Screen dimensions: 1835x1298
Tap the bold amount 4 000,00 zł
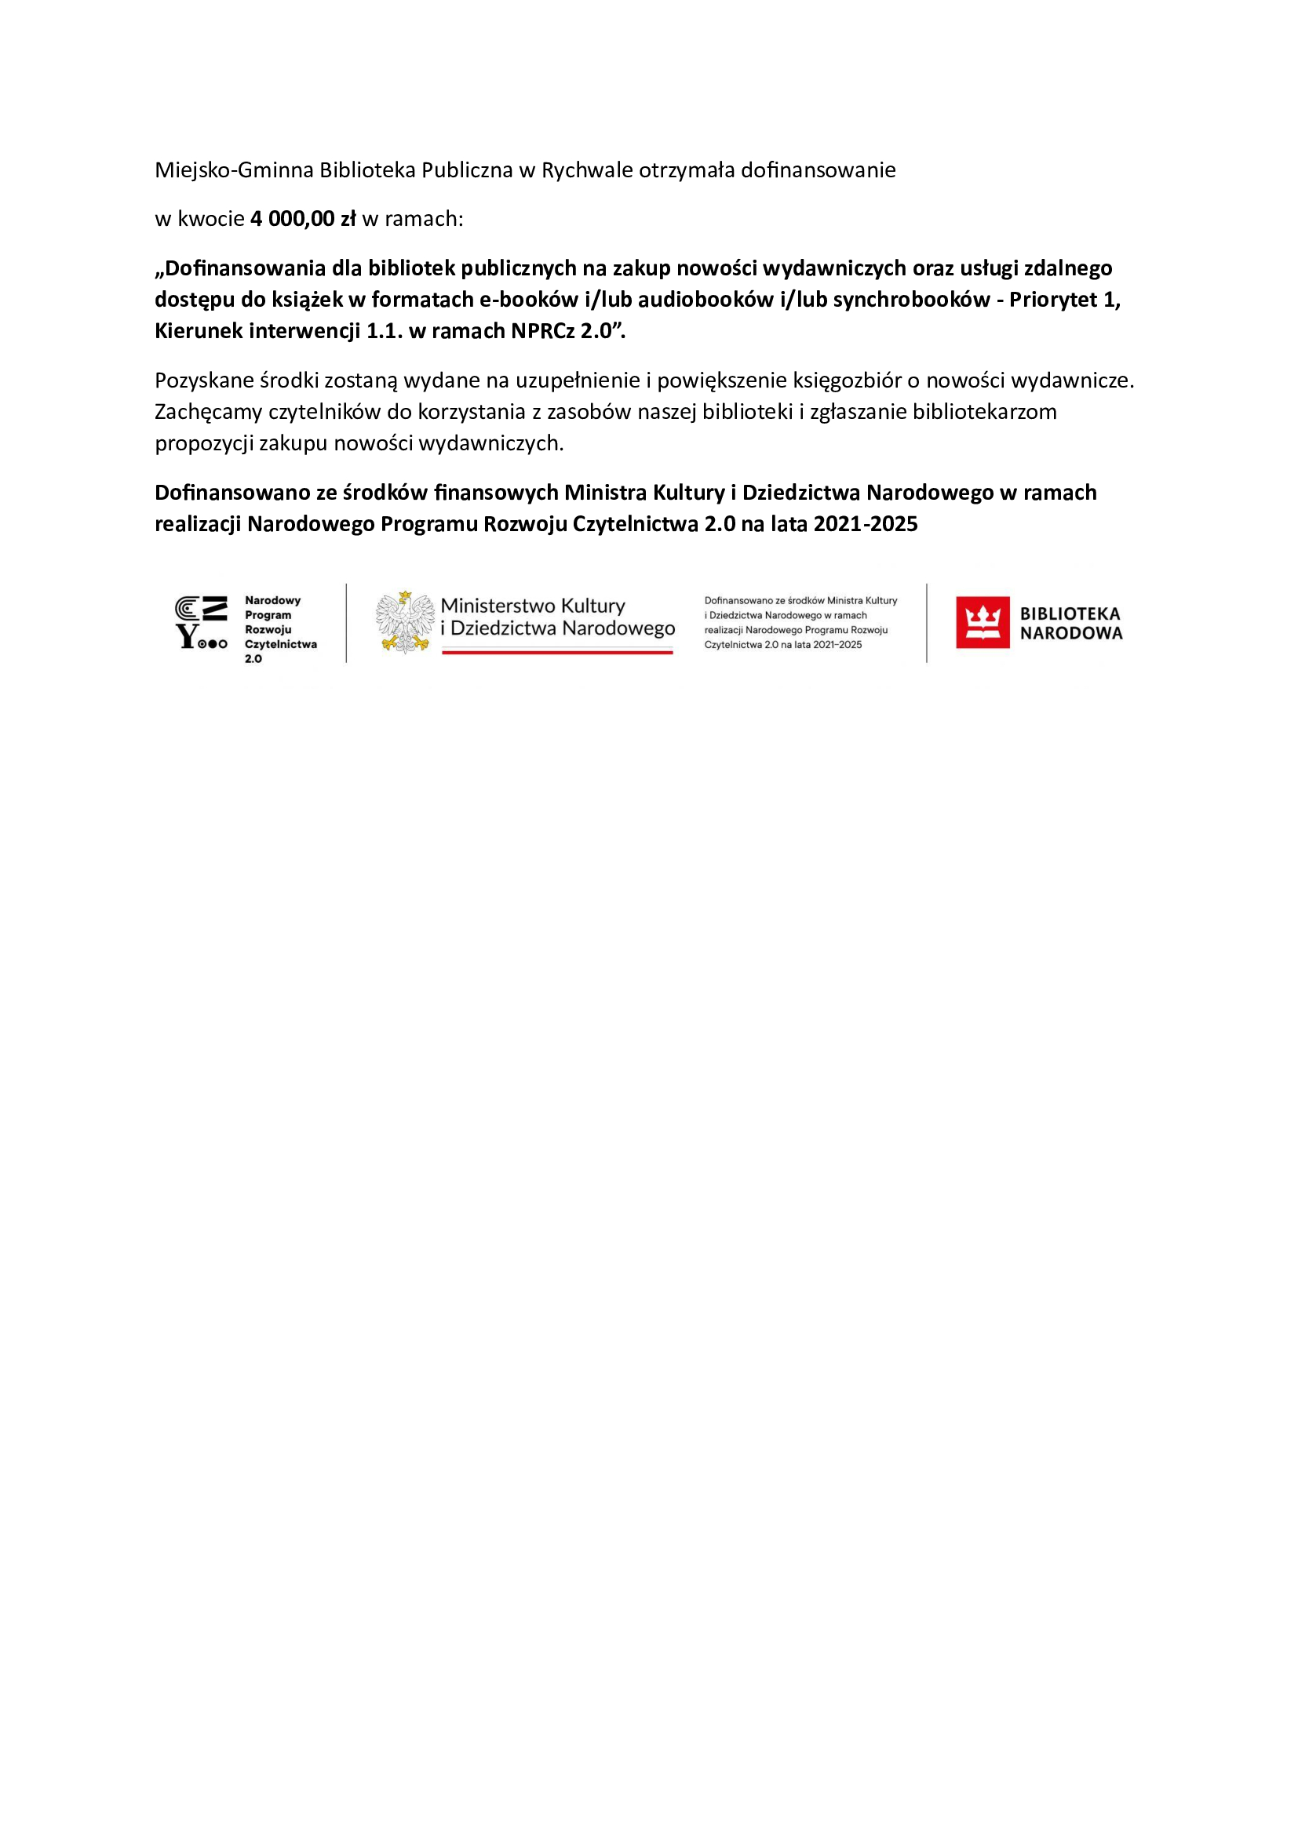[303, 219]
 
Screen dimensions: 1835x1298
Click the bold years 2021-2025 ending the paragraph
[866, 524]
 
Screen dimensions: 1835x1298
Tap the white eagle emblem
[405, 622]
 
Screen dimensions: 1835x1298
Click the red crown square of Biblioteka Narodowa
[983, 622]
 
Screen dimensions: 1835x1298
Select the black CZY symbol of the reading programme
[202, 622]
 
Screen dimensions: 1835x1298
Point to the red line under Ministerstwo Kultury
[557, 652]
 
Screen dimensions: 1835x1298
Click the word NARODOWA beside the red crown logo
[1071, 634]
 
